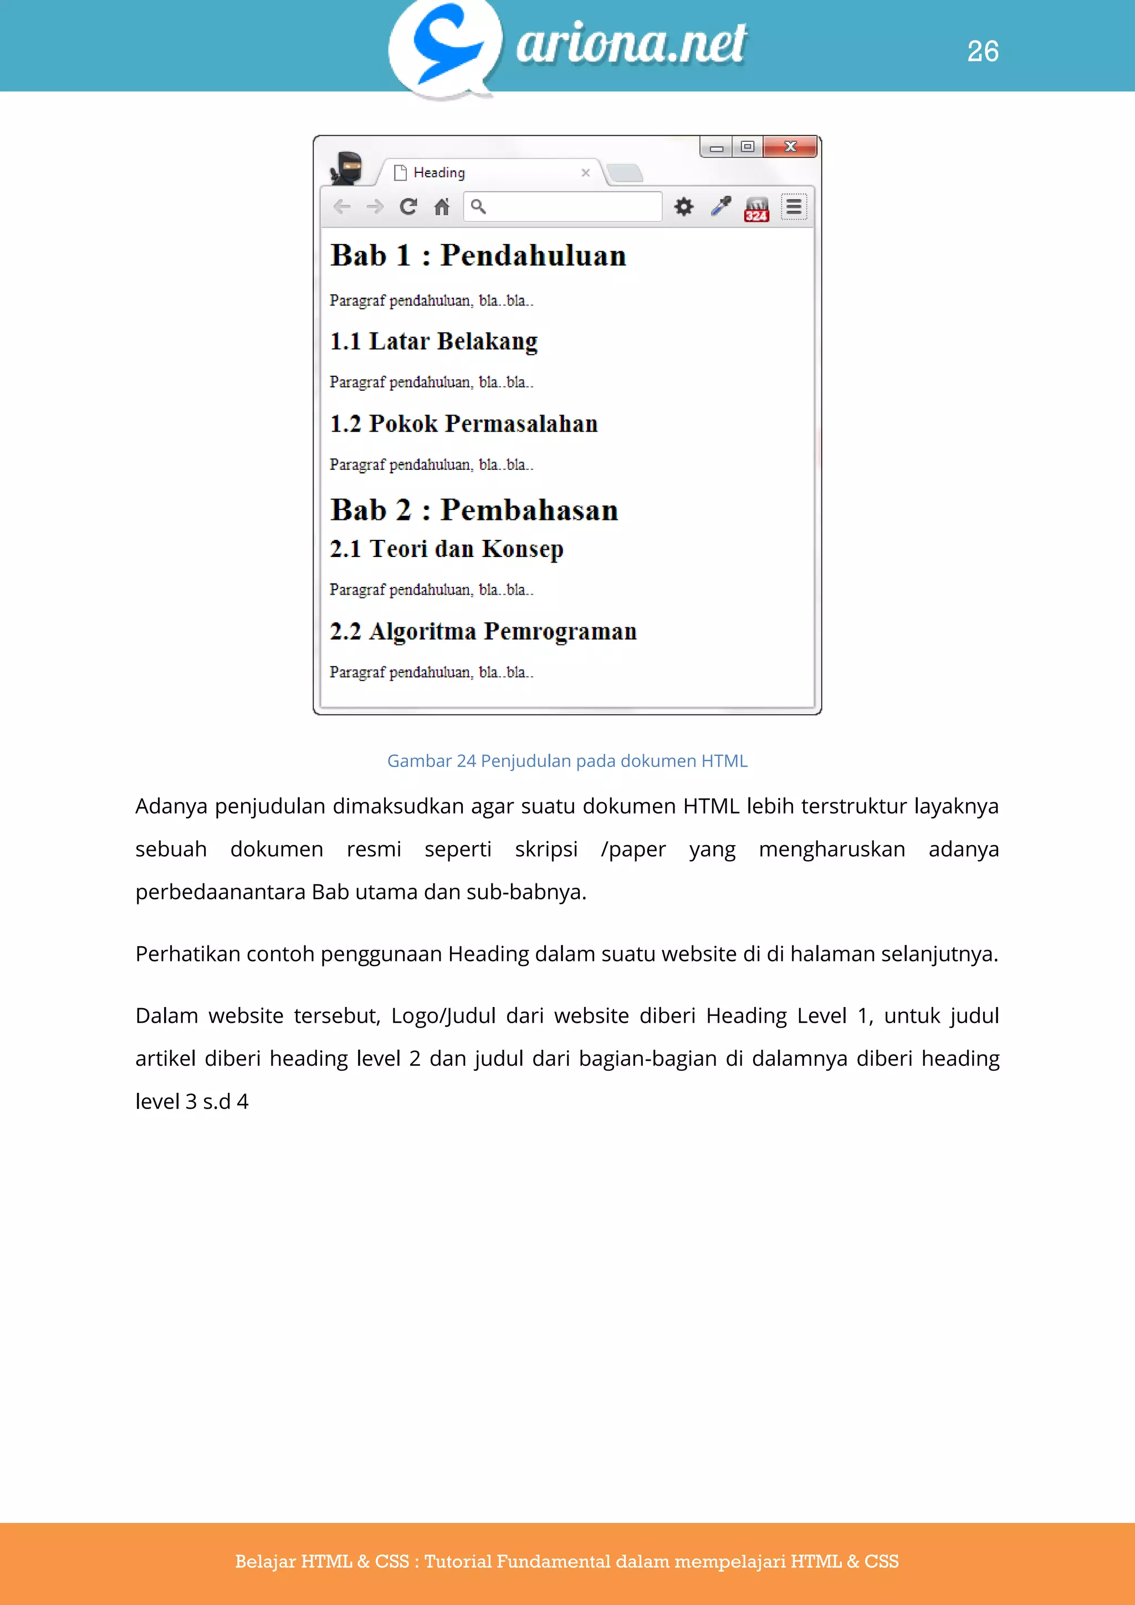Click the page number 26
pos(982,51)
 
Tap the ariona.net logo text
pos(631,43)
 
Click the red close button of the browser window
pos(790,146)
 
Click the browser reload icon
pos(408,206)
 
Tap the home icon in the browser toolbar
pos(442,206)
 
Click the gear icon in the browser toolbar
pos(683,206)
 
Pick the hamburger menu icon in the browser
pos(793,206)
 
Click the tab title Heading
pos(439,173)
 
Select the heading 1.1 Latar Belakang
pos(434,341)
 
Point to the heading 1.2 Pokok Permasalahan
pos(464,423)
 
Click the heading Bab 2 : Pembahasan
pos(474,510)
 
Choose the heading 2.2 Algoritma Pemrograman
pos(483,631)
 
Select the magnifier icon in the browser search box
pos(478,206)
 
